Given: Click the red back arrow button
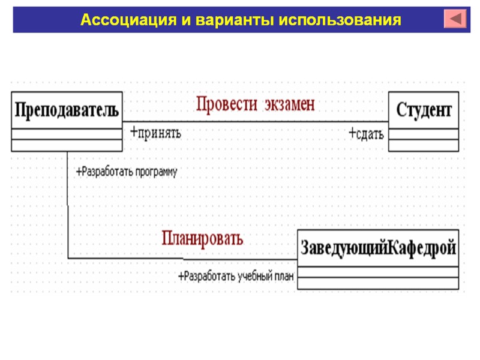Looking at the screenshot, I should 455,18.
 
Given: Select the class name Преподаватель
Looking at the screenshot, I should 67,110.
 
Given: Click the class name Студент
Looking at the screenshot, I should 424,110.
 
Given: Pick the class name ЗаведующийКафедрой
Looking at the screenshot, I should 378,247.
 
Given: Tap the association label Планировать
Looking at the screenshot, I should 203,239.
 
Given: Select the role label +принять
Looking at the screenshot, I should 155,132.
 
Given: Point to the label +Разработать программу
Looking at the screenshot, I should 127,172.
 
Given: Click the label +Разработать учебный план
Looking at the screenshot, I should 235,277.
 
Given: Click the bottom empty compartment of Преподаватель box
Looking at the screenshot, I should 67,145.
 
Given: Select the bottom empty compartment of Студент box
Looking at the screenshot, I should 424,146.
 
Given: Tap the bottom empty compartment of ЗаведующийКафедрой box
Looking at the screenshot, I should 378,282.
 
